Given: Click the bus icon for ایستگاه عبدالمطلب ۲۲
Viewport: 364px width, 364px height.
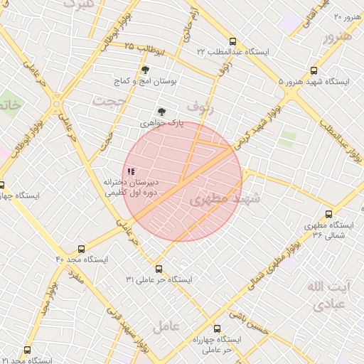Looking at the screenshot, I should [233, 41].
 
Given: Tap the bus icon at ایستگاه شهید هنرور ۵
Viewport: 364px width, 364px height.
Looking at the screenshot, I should [314, 70].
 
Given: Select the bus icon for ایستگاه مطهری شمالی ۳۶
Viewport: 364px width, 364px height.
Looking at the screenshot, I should [328, 213].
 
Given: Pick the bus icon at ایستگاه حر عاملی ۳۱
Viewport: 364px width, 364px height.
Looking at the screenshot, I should [159, 269].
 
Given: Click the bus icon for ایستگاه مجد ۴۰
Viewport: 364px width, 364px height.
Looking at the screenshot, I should [81, 250].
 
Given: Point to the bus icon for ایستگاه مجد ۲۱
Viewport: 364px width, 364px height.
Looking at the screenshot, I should [27, 350].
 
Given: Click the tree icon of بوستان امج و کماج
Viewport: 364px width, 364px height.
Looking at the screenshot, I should [146, 70].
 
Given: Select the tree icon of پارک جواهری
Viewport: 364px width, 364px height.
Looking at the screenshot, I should [161, 112].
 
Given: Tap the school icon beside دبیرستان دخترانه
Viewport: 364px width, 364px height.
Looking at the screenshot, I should [130, 171].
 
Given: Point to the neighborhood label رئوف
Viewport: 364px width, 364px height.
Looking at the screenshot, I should [202, 107].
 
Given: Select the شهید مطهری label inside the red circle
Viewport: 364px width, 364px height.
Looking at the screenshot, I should [225, 200].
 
